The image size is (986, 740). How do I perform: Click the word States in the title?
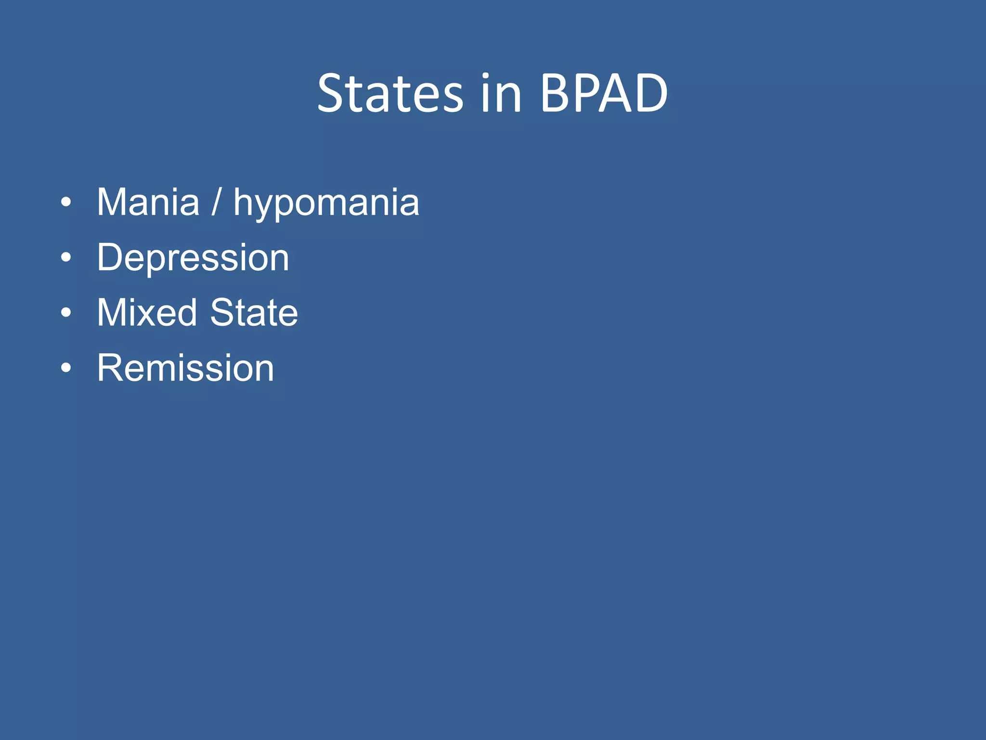(390, 93)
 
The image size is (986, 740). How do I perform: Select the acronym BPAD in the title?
(604, 93)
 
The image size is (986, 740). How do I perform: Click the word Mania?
(148, 202)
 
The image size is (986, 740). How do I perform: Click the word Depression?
(193, 258)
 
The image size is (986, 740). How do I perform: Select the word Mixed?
(147, 313)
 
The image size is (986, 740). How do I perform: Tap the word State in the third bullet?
(254, 313)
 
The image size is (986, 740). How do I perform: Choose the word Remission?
(185, 368)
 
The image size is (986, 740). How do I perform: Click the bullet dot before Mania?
(66, 202)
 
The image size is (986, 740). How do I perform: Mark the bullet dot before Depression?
(66, 258)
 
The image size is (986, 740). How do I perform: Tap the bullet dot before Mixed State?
(66, 313)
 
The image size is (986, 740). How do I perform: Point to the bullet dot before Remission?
(66, 369)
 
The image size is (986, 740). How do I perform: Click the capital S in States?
(332, 93)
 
